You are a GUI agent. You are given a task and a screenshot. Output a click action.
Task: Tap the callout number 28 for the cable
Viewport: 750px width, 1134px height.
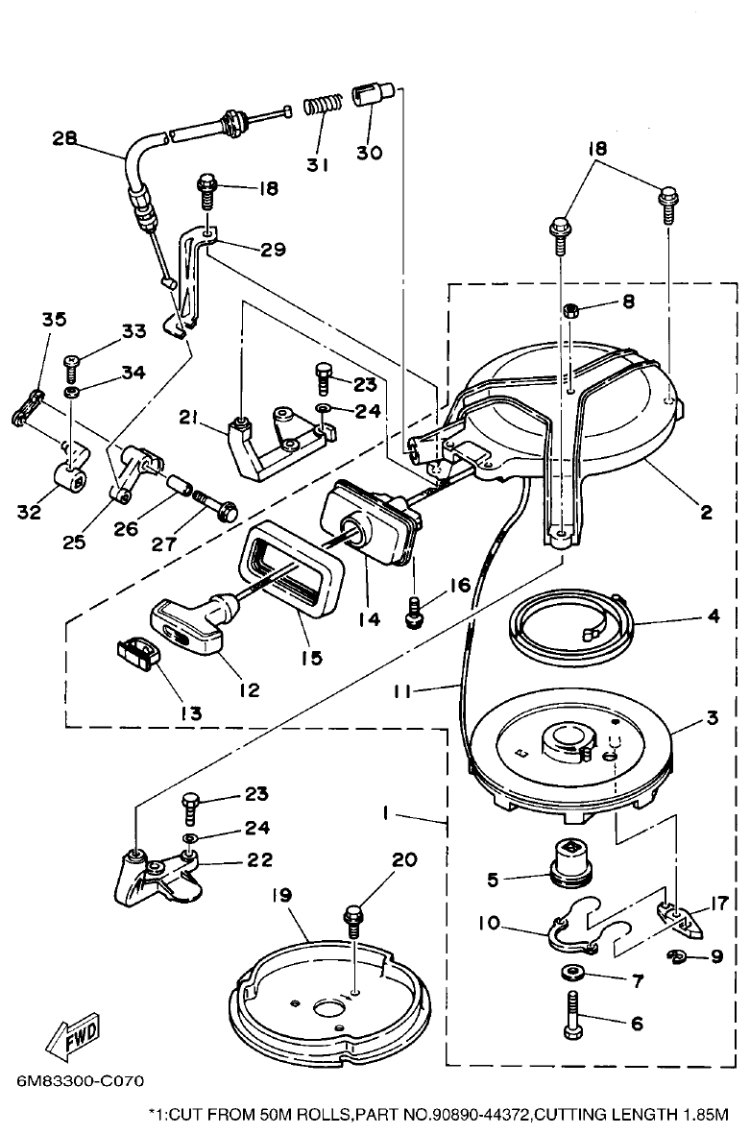pos(64,138)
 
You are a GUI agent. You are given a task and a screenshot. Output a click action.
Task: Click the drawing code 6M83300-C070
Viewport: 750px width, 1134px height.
pos(80,1080)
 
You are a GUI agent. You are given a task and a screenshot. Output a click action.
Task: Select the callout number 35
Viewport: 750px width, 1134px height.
pos(54,319)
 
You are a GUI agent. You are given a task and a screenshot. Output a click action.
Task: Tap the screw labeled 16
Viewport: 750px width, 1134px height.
pos(414,612)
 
